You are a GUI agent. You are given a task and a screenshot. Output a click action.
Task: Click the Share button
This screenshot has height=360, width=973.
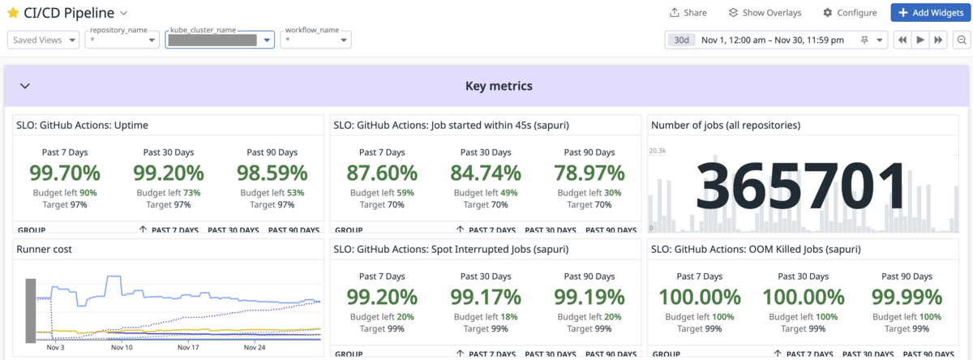688,13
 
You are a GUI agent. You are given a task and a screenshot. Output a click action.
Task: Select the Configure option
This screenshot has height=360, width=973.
850,13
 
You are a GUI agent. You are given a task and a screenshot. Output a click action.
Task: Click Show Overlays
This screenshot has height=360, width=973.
765,13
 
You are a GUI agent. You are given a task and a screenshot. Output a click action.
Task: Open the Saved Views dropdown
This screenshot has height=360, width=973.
44,40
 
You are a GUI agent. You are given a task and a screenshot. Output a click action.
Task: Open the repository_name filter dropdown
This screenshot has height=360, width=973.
122,40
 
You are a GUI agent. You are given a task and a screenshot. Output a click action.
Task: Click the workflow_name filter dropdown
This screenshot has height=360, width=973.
315,40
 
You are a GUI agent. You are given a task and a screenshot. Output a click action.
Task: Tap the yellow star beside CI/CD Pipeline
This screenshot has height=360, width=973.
13,13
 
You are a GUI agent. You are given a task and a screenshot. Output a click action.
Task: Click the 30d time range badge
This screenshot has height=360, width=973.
682,40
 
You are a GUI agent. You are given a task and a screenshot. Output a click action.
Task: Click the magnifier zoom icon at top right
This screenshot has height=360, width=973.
961,40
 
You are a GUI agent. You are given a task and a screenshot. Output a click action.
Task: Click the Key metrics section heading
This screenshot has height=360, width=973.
499,86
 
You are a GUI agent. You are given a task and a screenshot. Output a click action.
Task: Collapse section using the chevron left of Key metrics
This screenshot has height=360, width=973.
24,86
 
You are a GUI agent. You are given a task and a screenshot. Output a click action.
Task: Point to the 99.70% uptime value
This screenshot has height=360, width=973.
65,173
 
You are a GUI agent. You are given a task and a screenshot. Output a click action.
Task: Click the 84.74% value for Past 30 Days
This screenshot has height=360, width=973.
486,173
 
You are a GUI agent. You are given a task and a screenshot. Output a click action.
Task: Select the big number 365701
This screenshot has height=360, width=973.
800,186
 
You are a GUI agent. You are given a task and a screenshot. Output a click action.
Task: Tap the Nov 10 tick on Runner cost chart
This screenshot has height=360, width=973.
122,348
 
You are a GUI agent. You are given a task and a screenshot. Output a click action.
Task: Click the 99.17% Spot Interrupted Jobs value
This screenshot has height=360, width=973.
486,297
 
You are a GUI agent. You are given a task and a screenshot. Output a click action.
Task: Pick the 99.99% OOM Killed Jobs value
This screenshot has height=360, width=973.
907,297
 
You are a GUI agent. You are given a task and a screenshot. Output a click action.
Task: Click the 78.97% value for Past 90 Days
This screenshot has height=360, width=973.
589,173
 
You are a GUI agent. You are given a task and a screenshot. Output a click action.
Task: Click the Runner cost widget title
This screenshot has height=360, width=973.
45,250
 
